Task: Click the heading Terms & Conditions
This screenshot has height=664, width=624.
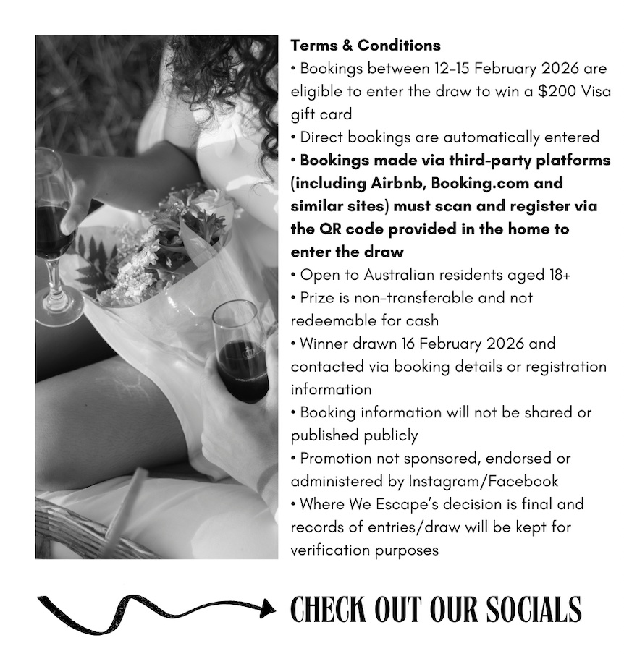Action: (366, 45)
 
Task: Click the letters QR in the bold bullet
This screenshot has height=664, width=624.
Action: (329, 229)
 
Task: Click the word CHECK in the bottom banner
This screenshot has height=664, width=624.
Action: (329, 609)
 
